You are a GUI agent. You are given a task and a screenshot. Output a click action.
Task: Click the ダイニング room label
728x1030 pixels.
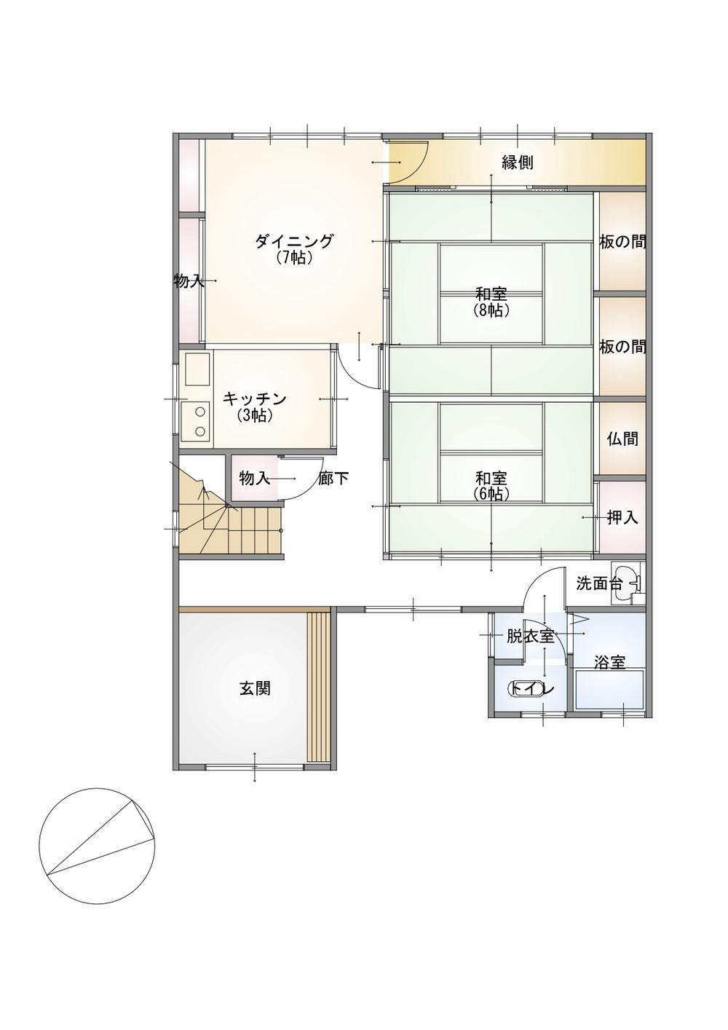click(x=293, y=241)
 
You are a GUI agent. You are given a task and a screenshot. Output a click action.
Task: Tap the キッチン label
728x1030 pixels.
click(x=254, y=399)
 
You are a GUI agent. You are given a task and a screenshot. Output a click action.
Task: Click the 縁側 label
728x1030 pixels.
click(x=518, y=162)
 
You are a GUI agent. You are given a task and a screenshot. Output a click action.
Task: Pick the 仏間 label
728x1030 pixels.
click(x=622, y=439)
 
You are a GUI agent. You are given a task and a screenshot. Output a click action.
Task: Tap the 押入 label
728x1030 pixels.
click(x=622, y=518)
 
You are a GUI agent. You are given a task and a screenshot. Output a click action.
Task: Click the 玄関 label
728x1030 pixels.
click(x=255, y=688)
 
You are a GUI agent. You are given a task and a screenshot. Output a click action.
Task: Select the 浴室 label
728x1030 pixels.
click(x=609, y=663)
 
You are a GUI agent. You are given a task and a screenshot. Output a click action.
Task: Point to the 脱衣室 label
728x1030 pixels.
click(x=530, y=637)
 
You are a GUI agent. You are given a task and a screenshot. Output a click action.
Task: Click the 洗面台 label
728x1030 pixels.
click(x=600, y=584)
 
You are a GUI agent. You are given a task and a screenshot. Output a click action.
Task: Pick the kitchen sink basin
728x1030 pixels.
click(x=197, y=369)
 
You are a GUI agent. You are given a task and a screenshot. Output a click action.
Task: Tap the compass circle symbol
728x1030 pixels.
click(x=97, y=846)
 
